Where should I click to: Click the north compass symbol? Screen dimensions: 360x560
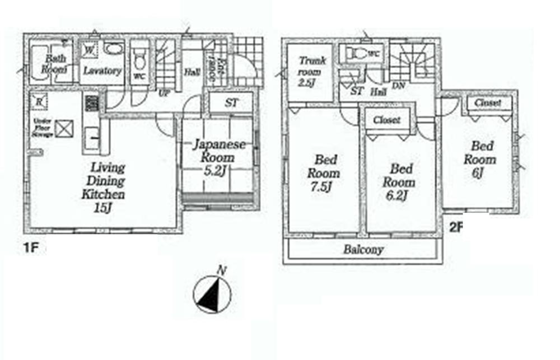[x=212, y=294]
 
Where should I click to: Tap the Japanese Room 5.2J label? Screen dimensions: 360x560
[x=218, y=158]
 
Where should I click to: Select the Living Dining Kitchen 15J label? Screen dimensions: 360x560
[x=104, y=188]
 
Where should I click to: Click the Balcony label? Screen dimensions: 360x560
[x=363, y=250]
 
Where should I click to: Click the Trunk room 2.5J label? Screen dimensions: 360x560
[x=310, y=70]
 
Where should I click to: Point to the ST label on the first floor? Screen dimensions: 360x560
[x=231, y=103]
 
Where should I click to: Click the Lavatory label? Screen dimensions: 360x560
[x=102, y=71]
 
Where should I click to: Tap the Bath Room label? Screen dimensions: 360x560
[x=55, y=63]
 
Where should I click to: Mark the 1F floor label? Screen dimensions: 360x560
[x=31, y=246]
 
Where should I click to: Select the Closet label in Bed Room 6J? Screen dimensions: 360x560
[x=488, y=104]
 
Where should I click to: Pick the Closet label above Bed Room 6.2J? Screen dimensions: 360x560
[x=386, y=120]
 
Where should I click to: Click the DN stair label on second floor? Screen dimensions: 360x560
[x=399, y=85]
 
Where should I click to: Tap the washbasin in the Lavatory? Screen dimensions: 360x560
[x=114, y=50]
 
